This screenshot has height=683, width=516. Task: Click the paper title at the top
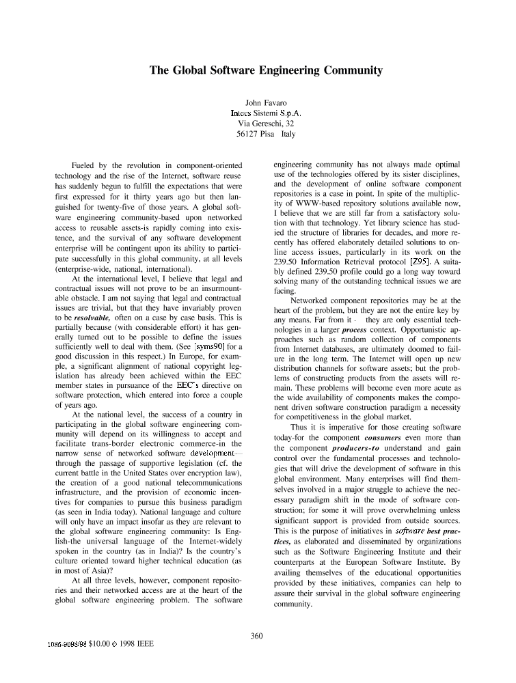point(266,70)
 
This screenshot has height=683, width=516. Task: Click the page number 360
point(257,637)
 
